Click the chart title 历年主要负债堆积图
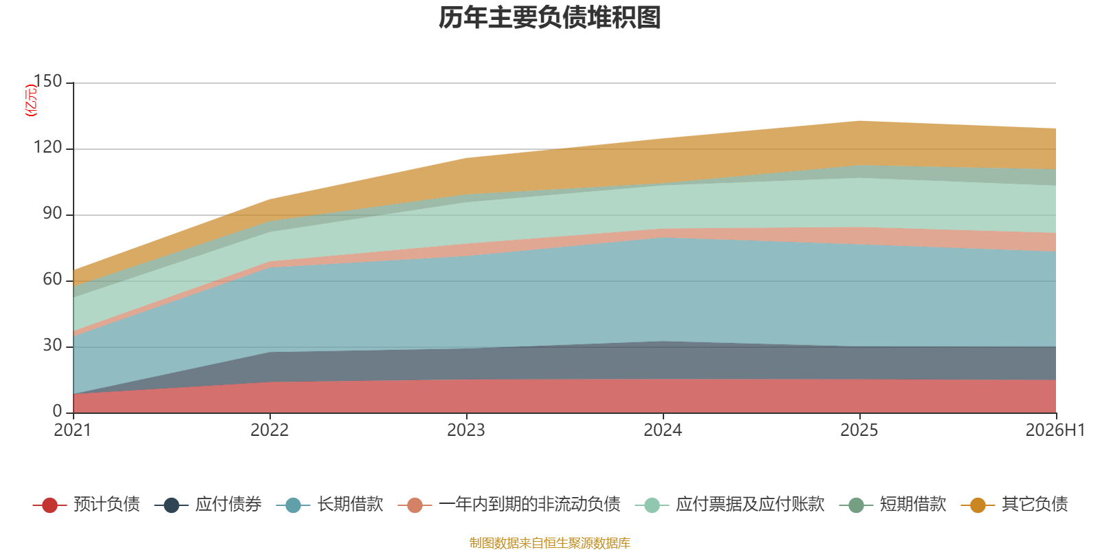549,18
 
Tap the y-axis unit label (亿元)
31,100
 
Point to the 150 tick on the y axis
47,81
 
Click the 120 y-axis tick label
47,147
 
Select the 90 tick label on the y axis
52,213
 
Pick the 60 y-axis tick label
52,279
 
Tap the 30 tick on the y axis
52,345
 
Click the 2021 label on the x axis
73,430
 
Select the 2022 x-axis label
269,430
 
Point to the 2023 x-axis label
466,430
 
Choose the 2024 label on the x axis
663,430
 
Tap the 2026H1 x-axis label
1055,430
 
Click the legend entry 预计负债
87,505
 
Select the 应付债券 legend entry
208,505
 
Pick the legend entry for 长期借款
330,505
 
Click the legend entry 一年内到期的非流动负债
509,505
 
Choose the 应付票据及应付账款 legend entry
729,505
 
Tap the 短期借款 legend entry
893,505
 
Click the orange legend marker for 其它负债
978,505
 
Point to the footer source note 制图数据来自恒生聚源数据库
549,542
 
